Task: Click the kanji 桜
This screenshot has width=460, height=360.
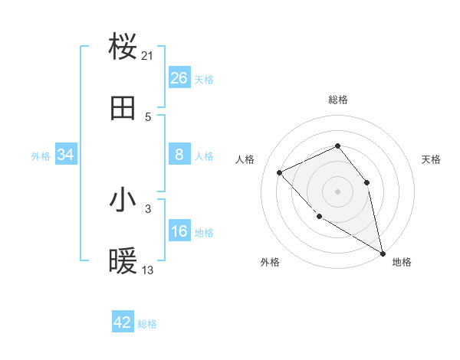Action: coord(123,47)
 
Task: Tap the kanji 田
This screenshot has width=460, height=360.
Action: coord(123,109)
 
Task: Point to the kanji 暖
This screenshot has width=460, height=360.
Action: coord(123,262)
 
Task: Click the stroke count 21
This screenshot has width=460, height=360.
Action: coord(148,55)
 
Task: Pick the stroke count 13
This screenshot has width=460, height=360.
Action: coord(148,270)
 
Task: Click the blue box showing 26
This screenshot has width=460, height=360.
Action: coord(179,78)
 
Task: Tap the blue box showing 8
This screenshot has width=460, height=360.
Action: coord(179,155)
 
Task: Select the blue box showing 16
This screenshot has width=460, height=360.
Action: coord(179,231)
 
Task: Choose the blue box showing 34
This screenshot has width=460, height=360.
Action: coord(66,155)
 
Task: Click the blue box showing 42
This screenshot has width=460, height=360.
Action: coord(123,322)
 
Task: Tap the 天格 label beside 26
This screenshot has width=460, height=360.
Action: coord(204,80)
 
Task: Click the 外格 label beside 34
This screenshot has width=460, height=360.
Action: coord(41,156)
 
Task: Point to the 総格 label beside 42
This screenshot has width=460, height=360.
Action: coord(147,324)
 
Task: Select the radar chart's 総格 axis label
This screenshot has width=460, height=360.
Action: coord(337,100)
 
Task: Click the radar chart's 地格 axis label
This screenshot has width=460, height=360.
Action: coord(402,262)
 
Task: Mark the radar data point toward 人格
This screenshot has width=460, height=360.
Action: coord(280,172)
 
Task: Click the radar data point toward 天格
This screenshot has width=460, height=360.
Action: coord(366,182)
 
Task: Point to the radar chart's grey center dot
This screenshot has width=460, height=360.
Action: coord(337,191)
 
